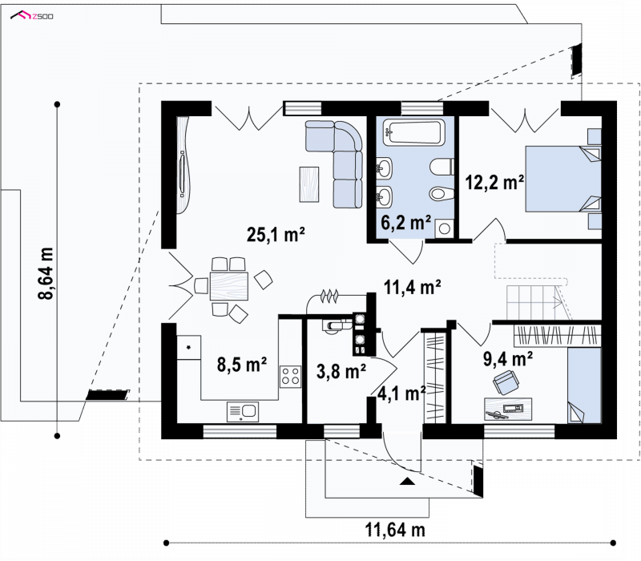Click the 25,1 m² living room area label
pos(276,235)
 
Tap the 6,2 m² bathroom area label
pos(406,223)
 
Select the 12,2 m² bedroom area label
pos(494,182)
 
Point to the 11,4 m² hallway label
pos(412,287)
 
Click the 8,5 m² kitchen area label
pos(242,365)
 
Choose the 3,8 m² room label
pos(341,371)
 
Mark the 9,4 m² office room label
pos(508,358)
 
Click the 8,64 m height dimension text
pos(46,273)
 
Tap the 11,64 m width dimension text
pos(395,531)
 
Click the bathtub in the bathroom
pos(413,132)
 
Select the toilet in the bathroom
pos(442,167)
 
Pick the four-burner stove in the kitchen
pos(290,377)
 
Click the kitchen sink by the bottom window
pos(243,411)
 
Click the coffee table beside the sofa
pos(309,184)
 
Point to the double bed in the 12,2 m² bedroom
pos(563,179)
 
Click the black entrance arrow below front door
pos(407,482)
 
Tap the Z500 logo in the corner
pos(32,16)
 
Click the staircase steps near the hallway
pos(534,302)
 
